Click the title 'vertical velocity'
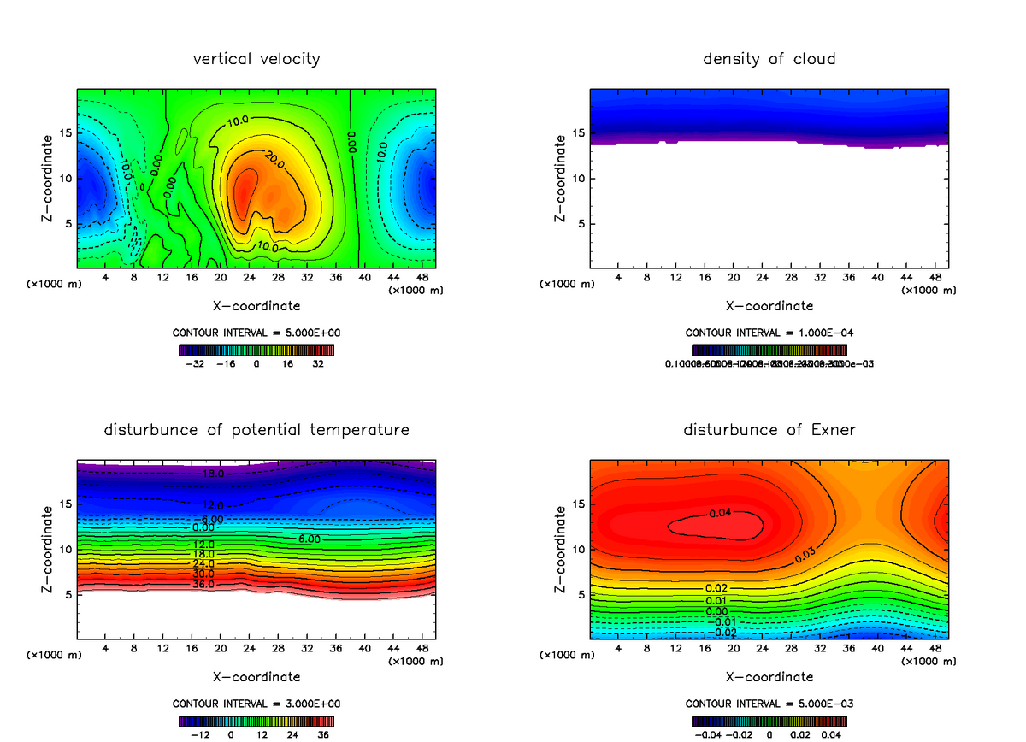[256, 59]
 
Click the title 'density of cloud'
[769, 59]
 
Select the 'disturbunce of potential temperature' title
[256, 429]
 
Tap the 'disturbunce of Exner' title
[769, 429]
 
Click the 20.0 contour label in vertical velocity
[273, 160]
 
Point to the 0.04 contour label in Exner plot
[721, 513]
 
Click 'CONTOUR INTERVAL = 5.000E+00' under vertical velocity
[256, 332]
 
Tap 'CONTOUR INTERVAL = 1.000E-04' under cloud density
[769, 332]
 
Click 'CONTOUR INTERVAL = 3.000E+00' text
[256, 704]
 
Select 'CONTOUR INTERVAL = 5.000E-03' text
[769, 704]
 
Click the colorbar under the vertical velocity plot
[256, 350]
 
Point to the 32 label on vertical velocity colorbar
[318, 363]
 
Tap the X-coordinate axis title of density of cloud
[769, 305]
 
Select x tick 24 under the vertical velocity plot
[249, 277]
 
